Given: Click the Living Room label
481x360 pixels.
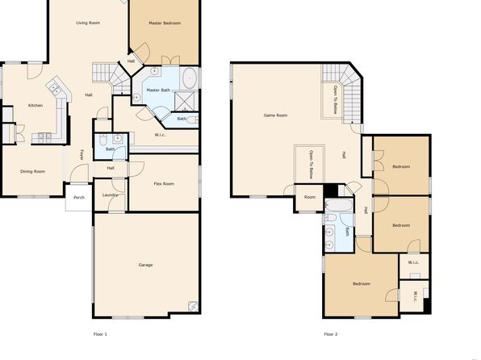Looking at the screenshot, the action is coord(88,23).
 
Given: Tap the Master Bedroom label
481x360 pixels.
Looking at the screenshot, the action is coord(165,23).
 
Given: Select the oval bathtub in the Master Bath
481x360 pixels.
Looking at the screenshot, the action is coord(190,77).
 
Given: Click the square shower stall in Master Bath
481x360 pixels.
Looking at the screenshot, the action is coord(184,101).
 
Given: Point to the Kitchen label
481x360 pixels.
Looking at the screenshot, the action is coord(36,105).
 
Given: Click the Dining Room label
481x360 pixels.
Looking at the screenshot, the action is coord(33,172).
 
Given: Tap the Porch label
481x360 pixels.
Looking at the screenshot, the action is coord(79,197).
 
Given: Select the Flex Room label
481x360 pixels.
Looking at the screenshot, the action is coord(164,184).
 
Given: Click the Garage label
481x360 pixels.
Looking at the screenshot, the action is coord(145,265).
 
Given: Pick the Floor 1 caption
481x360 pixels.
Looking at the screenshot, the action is coord(100,334).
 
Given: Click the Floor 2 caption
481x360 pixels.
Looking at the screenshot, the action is coord(331,334).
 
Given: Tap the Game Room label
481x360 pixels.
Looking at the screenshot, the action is coord(276,115).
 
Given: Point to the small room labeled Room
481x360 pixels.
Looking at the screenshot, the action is coord(310,197).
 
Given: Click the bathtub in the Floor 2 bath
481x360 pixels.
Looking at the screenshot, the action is coord(339,205).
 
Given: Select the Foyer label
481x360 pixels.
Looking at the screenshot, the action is coord(82,155).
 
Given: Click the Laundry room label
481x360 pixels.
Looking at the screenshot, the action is coord(110,195).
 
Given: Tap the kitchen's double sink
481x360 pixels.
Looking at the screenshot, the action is coord(55,89).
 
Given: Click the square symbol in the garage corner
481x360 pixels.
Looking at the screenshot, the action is coord(193,306).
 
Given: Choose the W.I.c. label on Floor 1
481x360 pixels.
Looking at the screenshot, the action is coord(160,135).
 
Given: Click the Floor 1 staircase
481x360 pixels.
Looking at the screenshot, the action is coord(111,77).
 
